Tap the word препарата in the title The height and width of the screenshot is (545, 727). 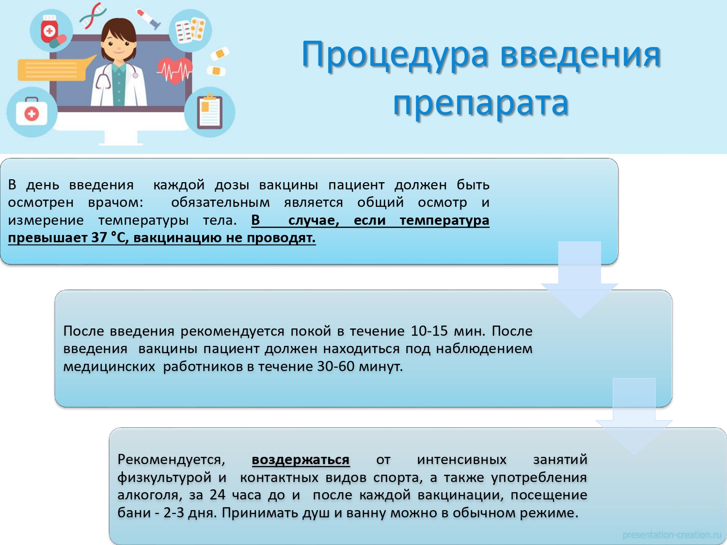pos(481,104)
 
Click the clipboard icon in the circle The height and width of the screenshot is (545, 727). pos(210,111)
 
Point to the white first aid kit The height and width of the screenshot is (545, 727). pos(32,111)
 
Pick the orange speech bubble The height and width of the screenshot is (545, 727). pos(53,69)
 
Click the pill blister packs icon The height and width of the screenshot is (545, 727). pos(190,31)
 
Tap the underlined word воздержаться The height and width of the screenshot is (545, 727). pos(300,460)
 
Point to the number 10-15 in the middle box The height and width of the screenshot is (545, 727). pos(429,331)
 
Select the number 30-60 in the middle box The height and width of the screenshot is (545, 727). pos(336,366)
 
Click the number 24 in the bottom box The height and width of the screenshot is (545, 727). pos(218,495)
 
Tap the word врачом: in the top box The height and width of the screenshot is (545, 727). pos(115,202)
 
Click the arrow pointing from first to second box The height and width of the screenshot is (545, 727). pos(580,280)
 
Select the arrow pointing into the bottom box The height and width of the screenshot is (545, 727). pos(634,416)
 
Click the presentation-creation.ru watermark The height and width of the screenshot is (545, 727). pos(671,535)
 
